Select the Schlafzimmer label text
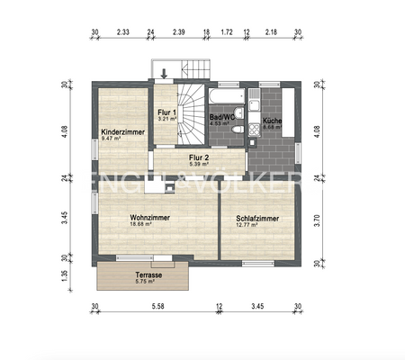tap(256, 219)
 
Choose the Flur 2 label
tap(199, 157)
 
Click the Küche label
tap(273, 120)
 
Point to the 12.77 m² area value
tap(247, 226)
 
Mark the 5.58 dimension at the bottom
tap(157, 307)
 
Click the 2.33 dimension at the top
tap(123, 33)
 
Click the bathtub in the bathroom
tap(226, 94)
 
